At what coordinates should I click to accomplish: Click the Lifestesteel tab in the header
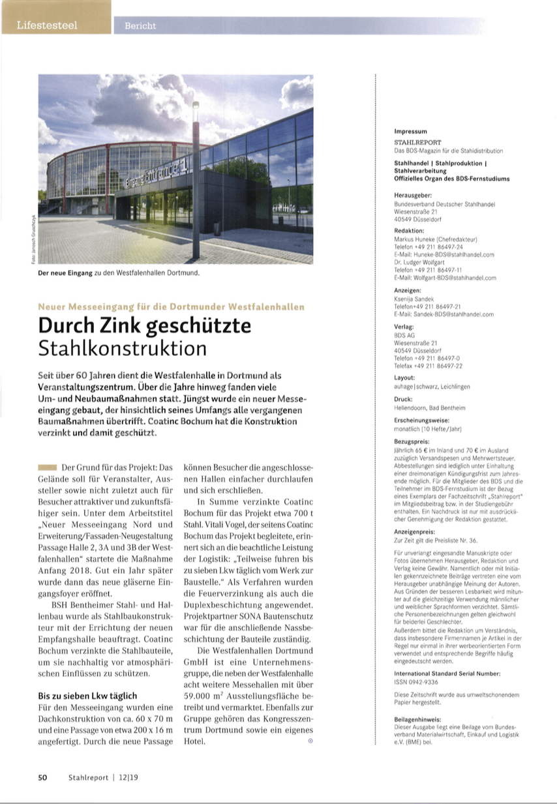pyautogui.click(x=47, y=25)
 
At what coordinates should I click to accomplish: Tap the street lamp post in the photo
pyautogui.click(x=196, y=189)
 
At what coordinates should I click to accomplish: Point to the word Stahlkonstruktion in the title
pyautogui.click(x=122, y=348)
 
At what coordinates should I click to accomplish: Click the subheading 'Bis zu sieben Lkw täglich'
pyautogui.click(x=87, y=696)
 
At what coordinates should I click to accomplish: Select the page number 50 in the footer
pyautogui.click(x=42, y=777)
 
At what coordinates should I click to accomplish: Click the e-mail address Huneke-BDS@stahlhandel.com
pyautogui.click(x=444, y=254)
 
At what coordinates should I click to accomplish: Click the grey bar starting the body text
pyautogui.click(x=48, y=468)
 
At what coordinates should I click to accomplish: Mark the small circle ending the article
pyautogui.click(x=310, y=741)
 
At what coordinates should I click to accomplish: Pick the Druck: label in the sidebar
pyautogui.click(x=403, y=398)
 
